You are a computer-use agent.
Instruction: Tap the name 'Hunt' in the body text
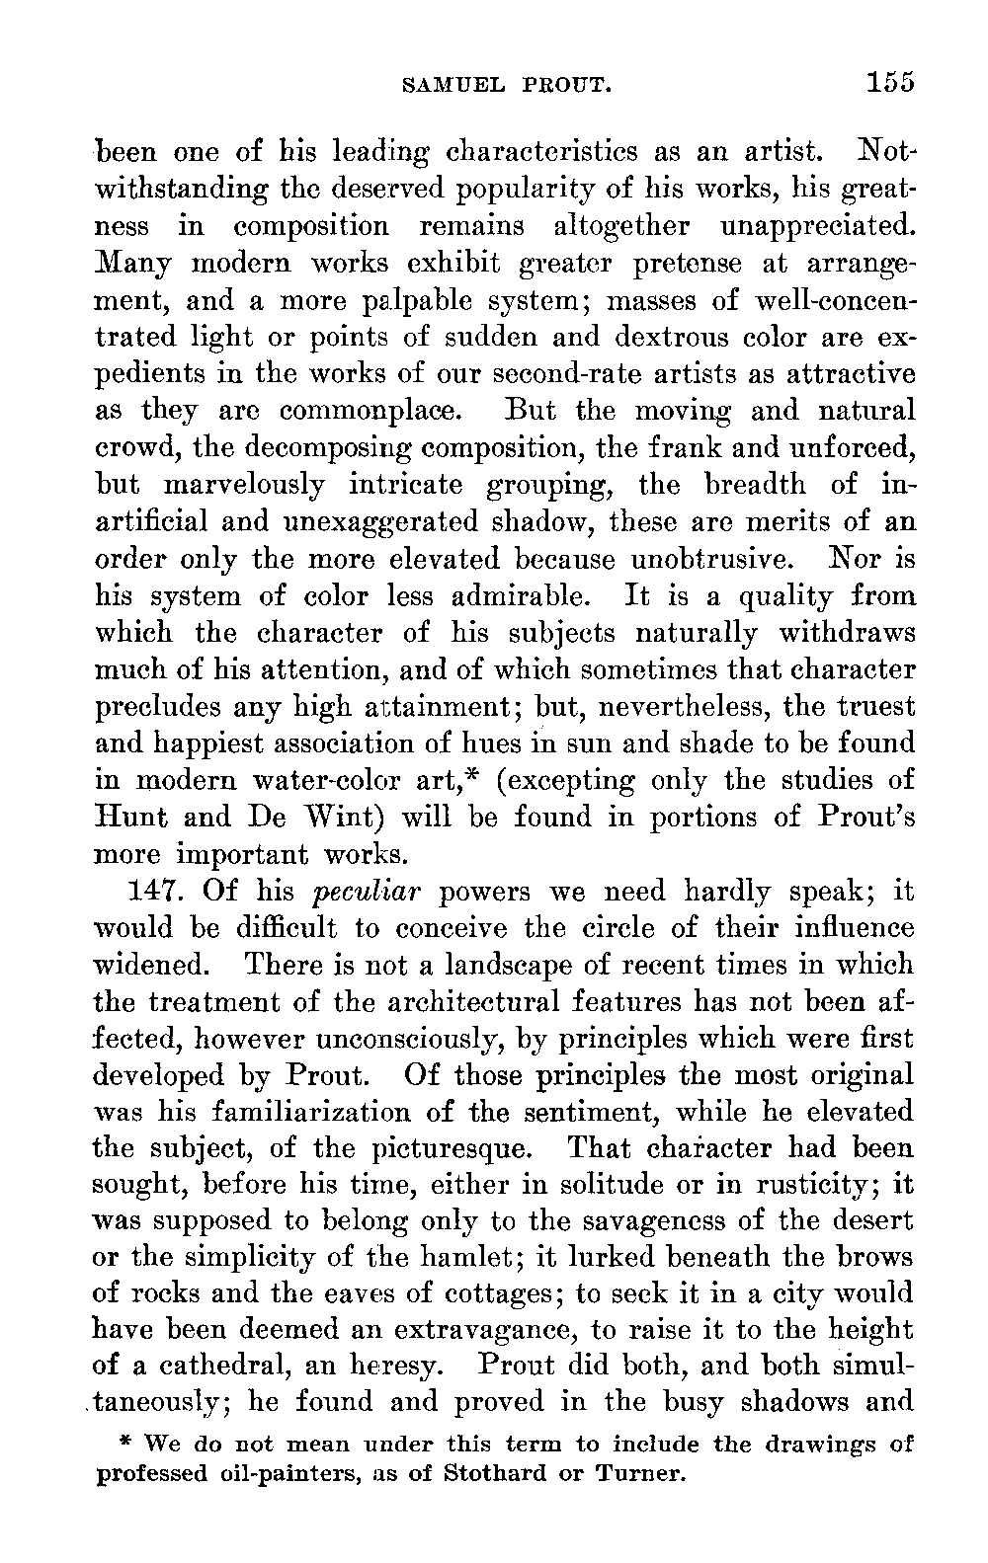coord(129,818)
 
